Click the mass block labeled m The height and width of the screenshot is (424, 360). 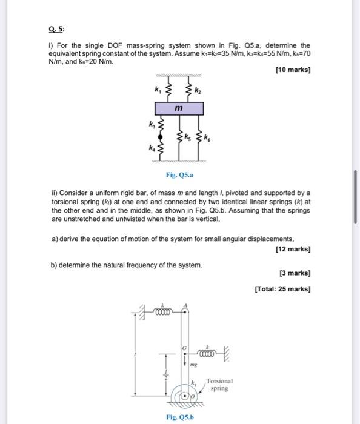pos(179,108)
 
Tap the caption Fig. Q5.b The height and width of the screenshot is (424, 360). pos(180,417)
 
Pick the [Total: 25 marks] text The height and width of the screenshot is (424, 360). pos(283,288)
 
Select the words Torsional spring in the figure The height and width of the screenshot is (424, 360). pos(218,384)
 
